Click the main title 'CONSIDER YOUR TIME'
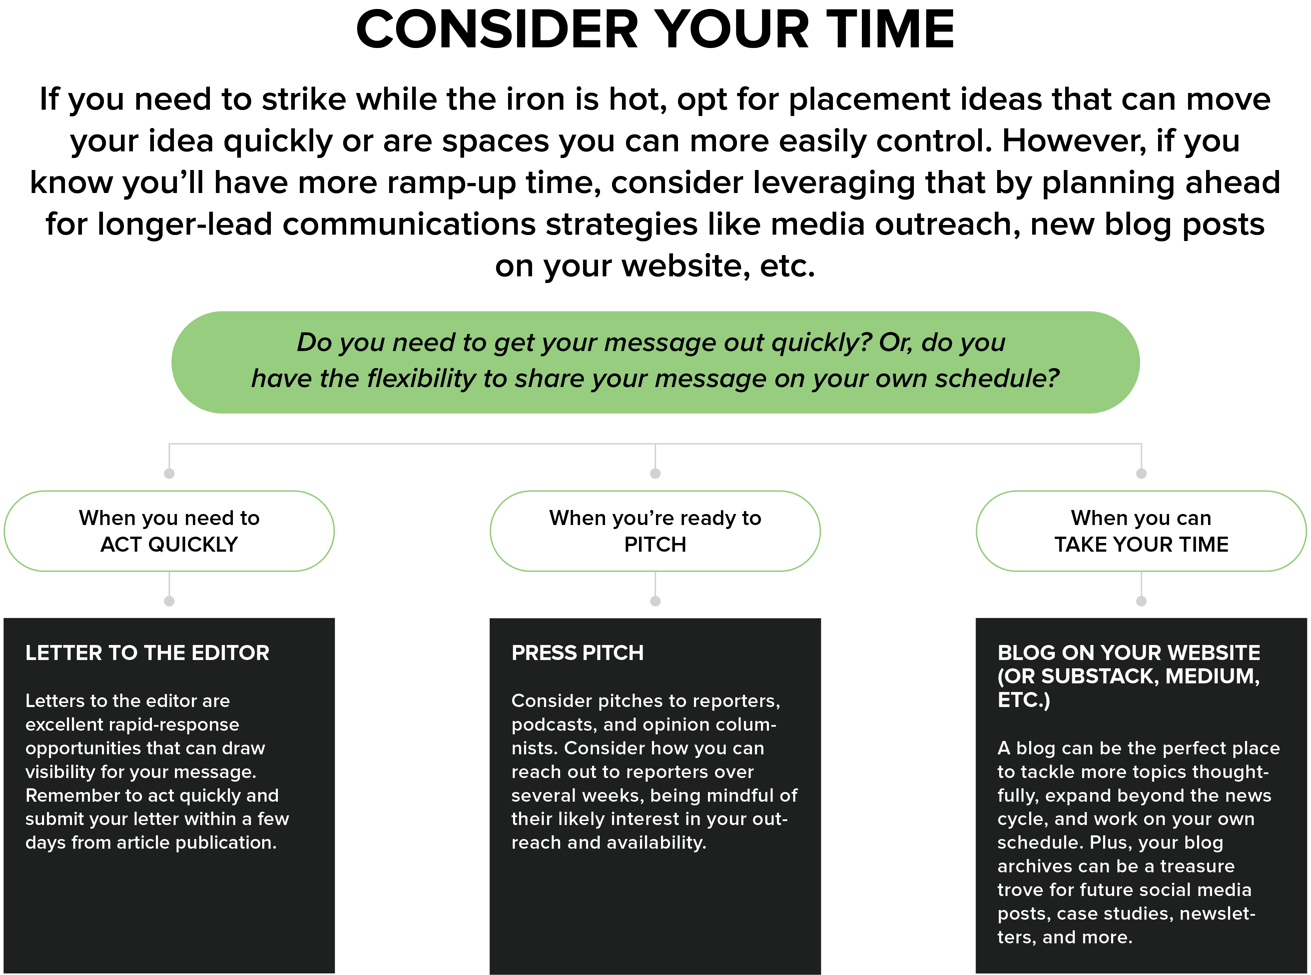click(x=655, y=30)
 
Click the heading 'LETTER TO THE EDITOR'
click(x=148, y=653)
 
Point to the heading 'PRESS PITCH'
click(x=577, y=653)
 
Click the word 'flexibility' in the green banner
click(x=421, y=378)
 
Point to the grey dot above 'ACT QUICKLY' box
click(x=169, y=473)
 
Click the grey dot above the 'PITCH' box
click(x=655, y=473)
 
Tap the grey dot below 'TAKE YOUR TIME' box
click(x=1141, y=601)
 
